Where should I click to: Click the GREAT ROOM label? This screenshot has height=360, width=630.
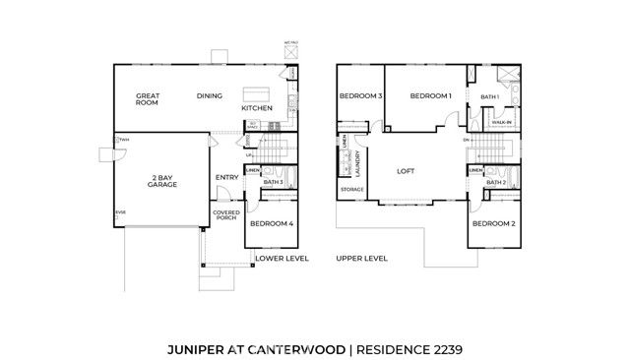click(149, 100)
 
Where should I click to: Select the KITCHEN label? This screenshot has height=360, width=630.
click(257, 108)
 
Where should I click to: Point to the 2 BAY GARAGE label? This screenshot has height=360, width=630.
click(162, 181)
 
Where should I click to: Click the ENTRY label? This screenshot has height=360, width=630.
click(226, 178)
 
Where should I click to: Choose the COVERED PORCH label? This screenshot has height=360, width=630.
click(225, 214)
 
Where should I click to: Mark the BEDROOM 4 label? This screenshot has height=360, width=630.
click(271, 224)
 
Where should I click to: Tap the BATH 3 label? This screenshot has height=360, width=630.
click(274, 182)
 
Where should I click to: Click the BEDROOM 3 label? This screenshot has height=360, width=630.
click(360, 96)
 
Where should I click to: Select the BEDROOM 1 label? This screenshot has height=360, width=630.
click(430, 96)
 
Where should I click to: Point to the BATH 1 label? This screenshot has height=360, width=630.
click(490, 97)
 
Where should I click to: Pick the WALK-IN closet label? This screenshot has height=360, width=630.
click(501, 122)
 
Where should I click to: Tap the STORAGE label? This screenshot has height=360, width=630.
click(352, 189)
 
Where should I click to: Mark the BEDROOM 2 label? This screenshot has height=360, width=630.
click(493, 224)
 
